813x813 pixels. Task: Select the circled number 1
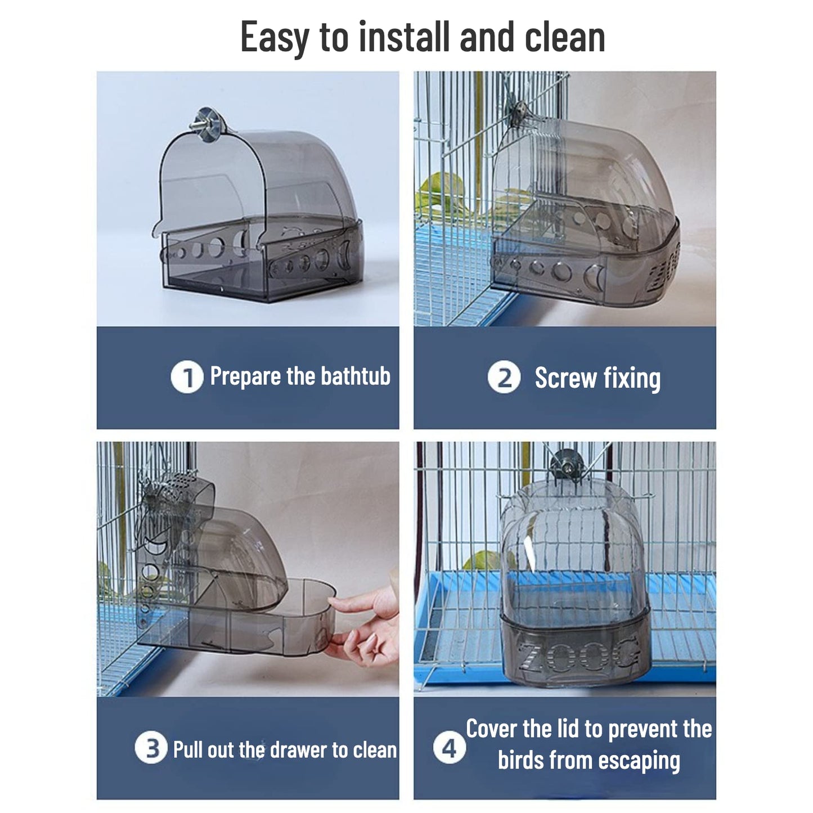[187, 377]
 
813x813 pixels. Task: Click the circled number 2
[504, 377]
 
